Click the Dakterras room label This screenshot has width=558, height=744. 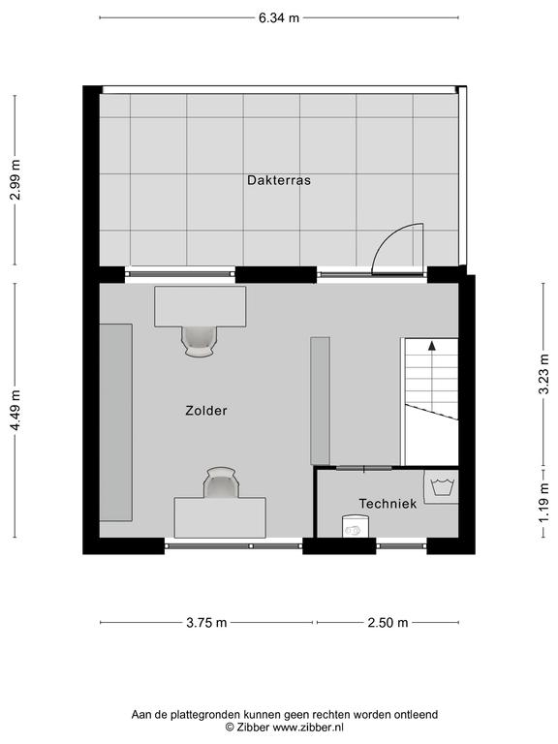[x=279, y=180]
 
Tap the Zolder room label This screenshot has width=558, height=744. [x=206, y=411]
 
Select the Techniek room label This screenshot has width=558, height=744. [x=387, y=504]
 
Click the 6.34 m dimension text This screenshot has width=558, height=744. [x=279, y=18]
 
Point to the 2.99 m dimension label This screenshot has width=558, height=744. [x=15, y=180]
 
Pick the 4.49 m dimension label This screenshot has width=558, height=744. [x=15, y=411]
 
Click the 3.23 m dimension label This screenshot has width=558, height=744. [x=543, y=374]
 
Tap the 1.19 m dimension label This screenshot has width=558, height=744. [x=543, y=504]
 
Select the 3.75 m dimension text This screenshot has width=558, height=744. [x=206, y=623]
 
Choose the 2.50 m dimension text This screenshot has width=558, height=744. [x=387, y=623]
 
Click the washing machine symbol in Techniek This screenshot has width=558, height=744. [x=442, y=487]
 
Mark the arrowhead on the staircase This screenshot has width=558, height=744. [x=432, y=346]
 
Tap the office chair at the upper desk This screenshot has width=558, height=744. [x=199, y=341]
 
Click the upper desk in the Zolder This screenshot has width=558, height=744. [x=201, y=306]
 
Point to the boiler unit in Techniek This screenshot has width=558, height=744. [x=355, y=527]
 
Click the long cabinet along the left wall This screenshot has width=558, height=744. [x=116, y=422]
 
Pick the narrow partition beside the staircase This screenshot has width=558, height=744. [x=321, y=401]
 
